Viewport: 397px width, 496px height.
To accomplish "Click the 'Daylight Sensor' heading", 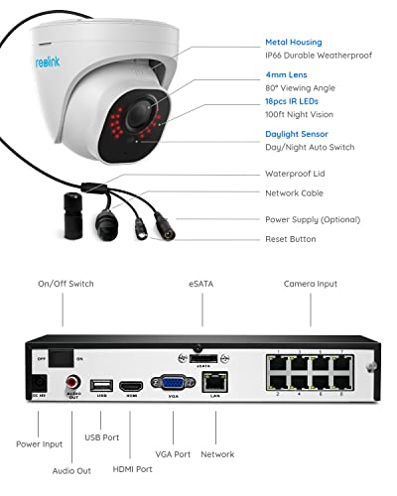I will pyautogui.click(x=298, y=134).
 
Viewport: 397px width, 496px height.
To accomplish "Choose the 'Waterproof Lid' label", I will pyautogui.click(x=295, y=174).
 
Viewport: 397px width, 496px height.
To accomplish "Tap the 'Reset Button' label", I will pyautogui.click(x=291, y=239).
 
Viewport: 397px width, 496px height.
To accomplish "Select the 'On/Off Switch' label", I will pyautogui.click(x=66, y=284).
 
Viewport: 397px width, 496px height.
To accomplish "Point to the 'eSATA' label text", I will pyautogui.click(x=202, y=284).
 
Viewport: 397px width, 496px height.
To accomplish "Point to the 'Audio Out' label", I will pyautogui.click(x=70, y=470).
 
